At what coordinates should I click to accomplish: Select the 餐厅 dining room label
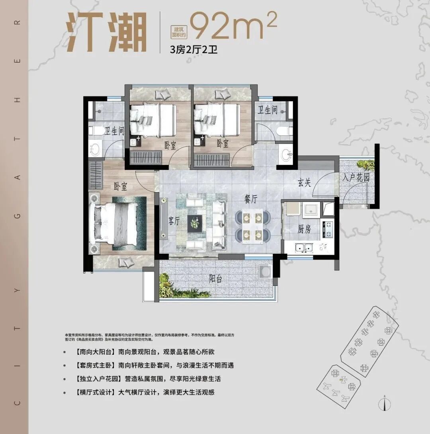[x=252, y=198]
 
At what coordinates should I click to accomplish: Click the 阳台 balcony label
[x=215, y=279]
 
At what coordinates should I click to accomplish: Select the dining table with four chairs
[x=252, y=226]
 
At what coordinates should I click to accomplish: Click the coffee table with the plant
[x=195, y=223]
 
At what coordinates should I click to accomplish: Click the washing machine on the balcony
[x=264, y=272]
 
